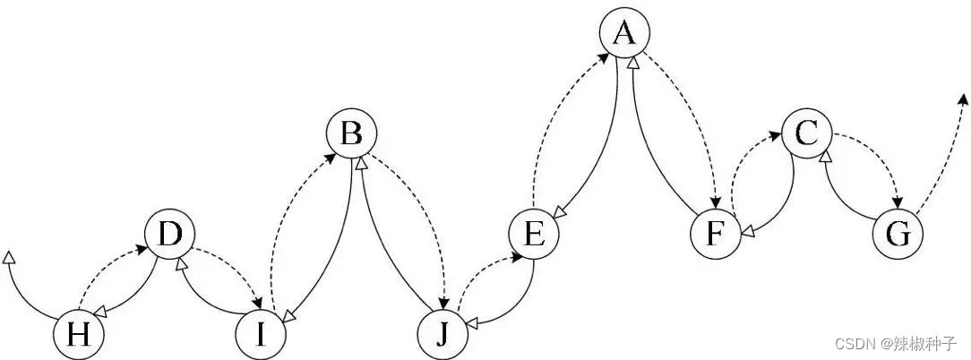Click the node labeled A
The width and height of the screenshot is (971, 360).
[624, 34]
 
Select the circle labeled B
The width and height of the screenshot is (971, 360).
[352, 135]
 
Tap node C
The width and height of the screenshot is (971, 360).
[806, 135]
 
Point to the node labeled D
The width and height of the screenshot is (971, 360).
[169, 236]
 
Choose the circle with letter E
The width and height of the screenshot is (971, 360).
[533, 236]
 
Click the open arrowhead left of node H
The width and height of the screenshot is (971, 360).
[9, 258]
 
